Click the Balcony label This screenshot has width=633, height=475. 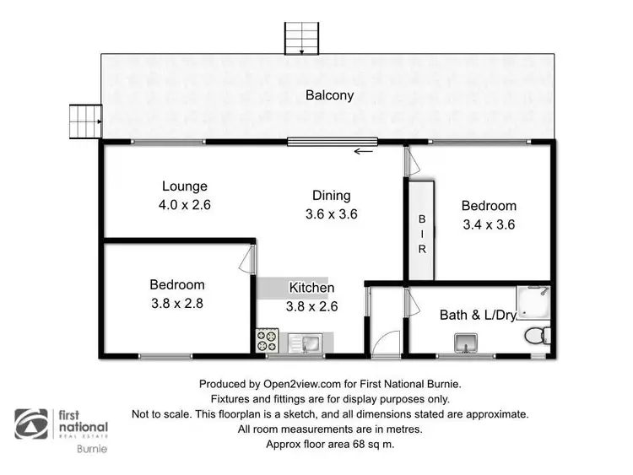pos(329,95)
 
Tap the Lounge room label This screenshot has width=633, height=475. pos(184,186)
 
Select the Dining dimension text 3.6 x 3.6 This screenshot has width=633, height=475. pos(332,214)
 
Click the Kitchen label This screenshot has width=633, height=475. pos(311,288)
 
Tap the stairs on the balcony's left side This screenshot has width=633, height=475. pos(85,121)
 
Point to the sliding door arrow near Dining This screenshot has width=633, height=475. pos(364,152)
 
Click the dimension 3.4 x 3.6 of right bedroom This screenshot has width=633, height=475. pos(488,224)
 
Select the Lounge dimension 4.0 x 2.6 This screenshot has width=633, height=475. pos(184,203)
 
